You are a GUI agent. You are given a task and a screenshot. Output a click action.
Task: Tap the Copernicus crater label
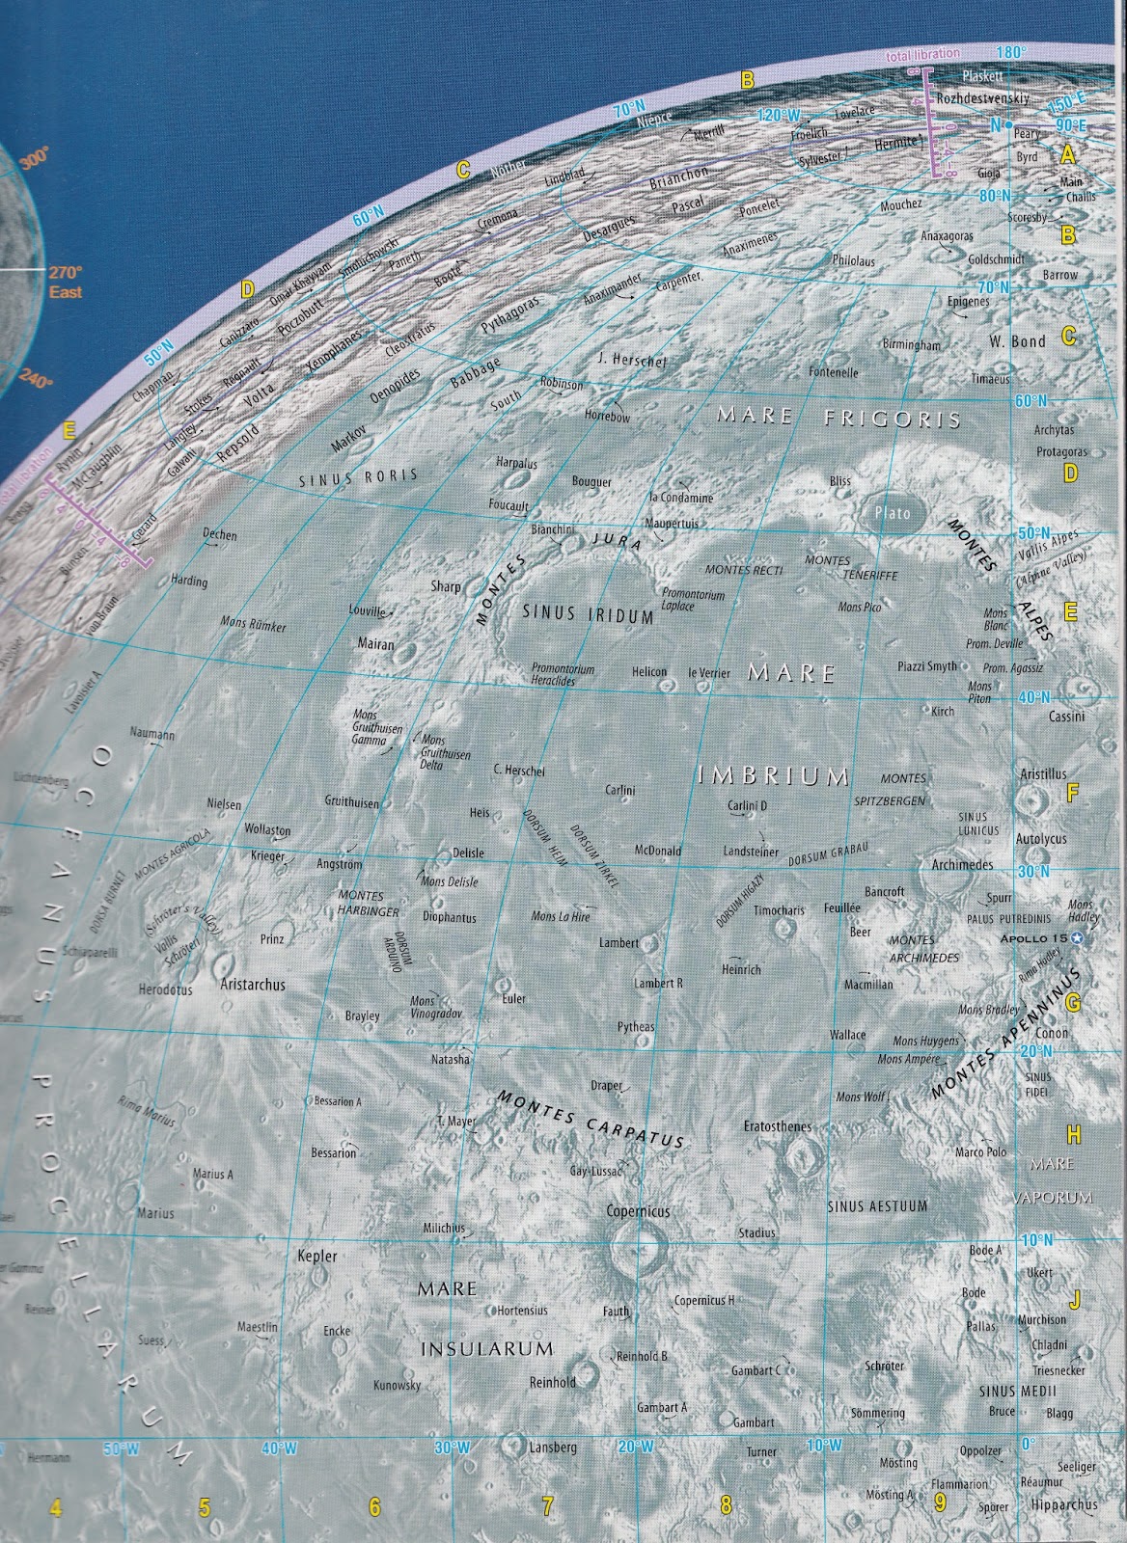[638, 1210]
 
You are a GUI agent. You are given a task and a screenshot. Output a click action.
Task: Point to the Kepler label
[317, 1257]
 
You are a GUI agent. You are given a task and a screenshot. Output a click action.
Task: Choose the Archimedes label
[962, 865]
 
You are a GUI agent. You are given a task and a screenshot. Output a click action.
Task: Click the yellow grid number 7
[547, 1505]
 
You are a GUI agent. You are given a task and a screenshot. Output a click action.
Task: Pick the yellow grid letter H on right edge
[1074, 1134]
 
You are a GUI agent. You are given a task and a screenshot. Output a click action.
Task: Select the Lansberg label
[553, 1448]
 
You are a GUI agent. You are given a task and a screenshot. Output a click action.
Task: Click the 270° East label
[66, 282]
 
